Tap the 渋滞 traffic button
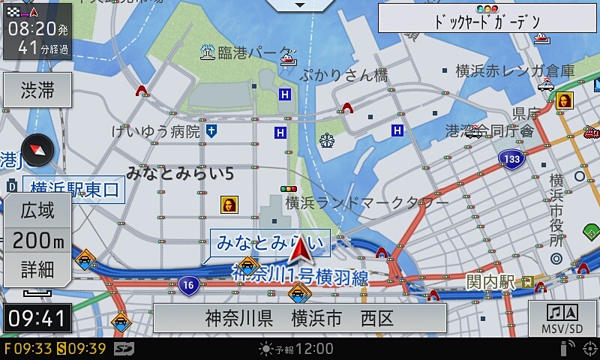37,91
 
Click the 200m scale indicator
37,240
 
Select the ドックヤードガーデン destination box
487,20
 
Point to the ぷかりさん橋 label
343,75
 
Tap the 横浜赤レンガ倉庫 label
515,71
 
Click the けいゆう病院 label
155,132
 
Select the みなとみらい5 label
180,173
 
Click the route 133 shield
511,159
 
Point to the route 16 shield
188,284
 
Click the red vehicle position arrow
301,251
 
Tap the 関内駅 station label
490,282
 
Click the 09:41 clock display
37,318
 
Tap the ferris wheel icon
326,139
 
